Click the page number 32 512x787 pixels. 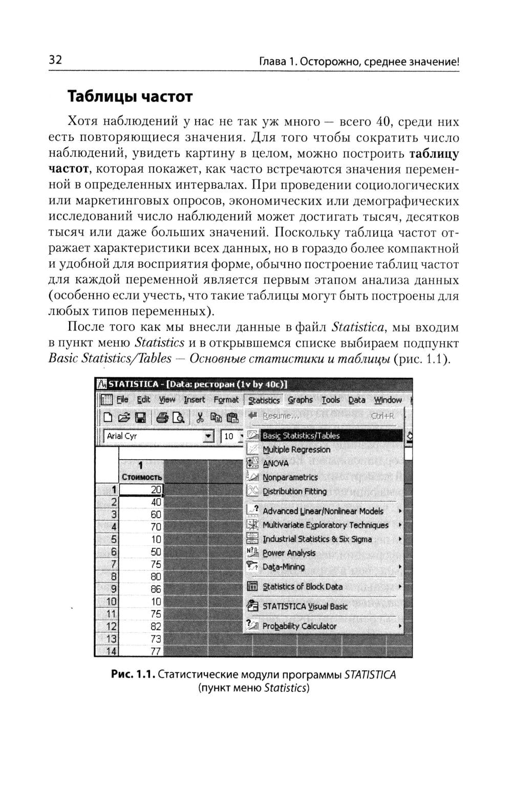[55, 60]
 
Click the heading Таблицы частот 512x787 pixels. [130, 96]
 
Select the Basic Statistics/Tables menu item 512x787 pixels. [301, 436]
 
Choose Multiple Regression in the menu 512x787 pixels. [296, 450]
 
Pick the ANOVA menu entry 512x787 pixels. [275, 463]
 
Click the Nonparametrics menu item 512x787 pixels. [290, 477]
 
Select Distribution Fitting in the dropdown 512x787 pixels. [294, 492]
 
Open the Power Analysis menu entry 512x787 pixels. [289, 553]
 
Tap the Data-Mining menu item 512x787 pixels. [283, 567]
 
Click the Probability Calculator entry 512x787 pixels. [299, 626]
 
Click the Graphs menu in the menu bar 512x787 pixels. [300, 400]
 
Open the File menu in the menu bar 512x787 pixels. [122, 400]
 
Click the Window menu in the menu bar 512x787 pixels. [388, 400]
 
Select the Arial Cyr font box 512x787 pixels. [154, 436]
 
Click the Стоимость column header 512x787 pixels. [141, 477]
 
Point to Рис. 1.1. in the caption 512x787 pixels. [133, 674]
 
